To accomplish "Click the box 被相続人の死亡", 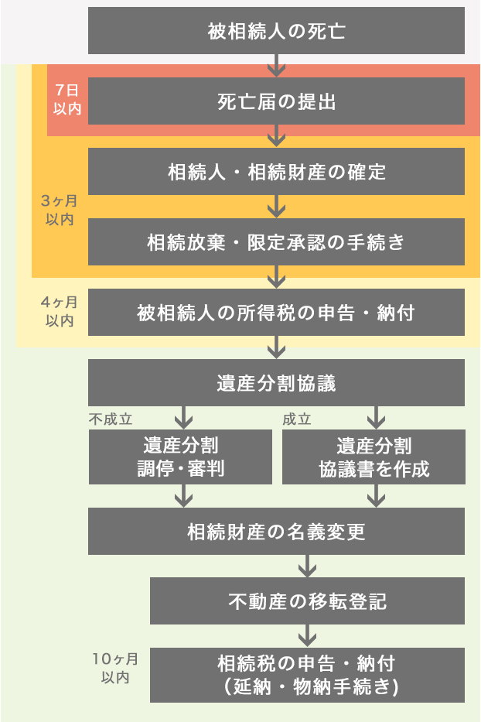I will click(x=276, y=31).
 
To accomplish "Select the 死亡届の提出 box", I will click(x=276, y=101).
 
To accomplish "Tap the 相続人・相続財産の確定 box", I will click(x=276, y=171).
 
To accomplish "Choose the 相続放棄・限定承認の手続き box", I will click(x=276, y=241).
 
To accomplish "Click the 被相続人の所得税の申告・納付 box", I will click(x=276, y=312).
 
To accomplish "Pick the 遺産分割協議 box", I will click(x=276, y=382).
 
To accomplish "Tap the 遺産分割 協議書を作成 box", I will click(x=374, y=457).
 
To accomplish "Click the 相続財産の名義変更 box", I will click(x=276, y=531).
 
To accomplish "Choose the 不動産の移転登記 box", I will click(x=307, y=601).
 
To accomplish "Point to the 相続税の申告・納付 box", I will click(x=307, y=675).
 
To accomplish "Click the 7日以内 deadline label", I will click(x=67, y=101).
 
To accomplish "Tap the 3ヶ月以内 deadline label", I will click(x=60, y=210).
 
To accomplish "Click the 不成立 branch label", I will click(x=111, y=419).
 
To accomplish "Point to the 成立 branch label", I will click(x=297, y=419).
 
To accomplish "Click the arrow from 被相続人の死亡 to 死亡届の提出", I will click(x=276, y=66).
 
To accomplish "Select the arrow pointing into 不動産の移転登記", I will click(x=307, y=566).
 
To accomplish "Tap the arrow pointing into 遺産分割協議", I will click(x=276, y=347).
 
